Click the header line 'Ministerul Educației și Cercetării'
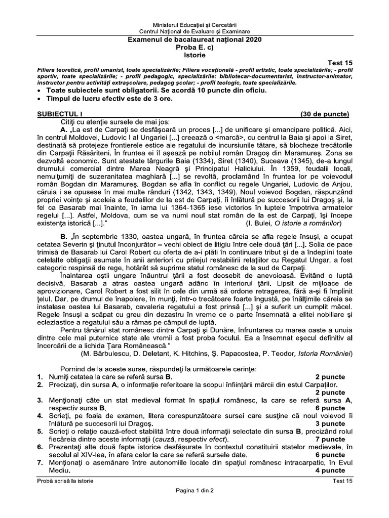(x=194, y=24)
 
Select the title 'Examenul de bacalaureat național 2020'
(x=194, y=39)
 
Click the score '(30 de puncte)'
(x=324, y=114)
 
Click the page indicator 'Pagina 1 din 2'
(x=194, y=490)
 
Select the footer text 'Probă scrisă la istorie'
(x=63, y=480)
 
